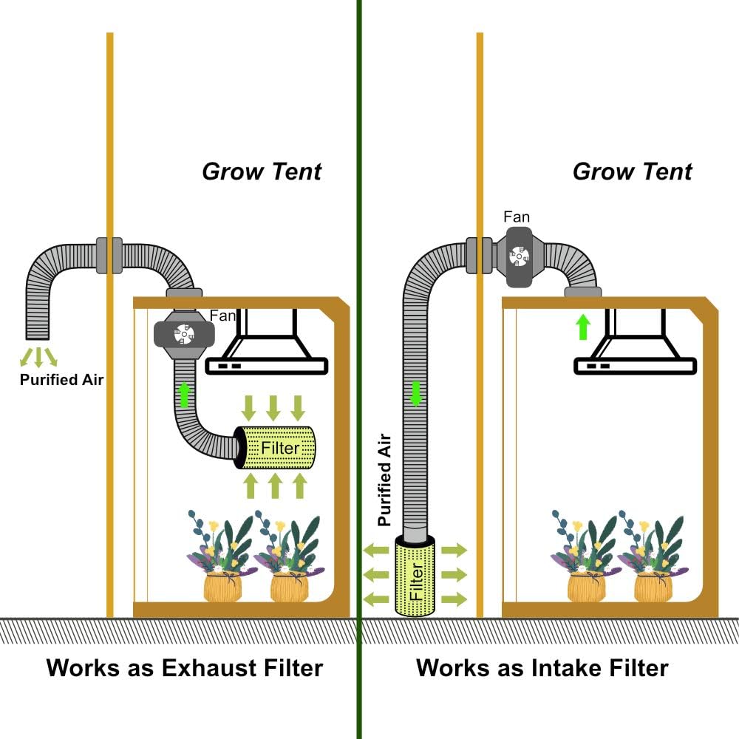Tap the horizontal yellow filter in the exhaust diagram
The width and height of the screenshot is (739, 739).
276,447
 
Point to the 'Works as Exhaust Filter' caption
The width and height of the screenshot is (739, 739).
185,668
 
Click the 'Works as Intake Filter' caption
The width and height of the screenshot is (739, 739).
542,668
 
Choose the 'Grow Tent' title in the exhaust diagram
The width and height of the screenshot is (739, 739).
262,171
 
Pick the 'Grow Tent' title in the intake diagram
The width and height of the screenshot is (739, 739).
632,171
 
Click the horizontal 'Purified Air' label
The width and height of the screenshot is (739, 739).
62,381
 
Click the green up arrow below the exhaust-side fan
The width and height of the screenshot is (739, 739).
184,395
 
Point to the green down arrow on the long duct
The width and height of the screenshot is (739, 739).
416,393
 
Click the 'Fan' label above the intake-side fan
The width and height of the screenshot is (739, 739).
517,217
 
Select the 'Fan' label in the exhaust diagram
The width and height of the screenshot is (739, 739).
222,316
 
